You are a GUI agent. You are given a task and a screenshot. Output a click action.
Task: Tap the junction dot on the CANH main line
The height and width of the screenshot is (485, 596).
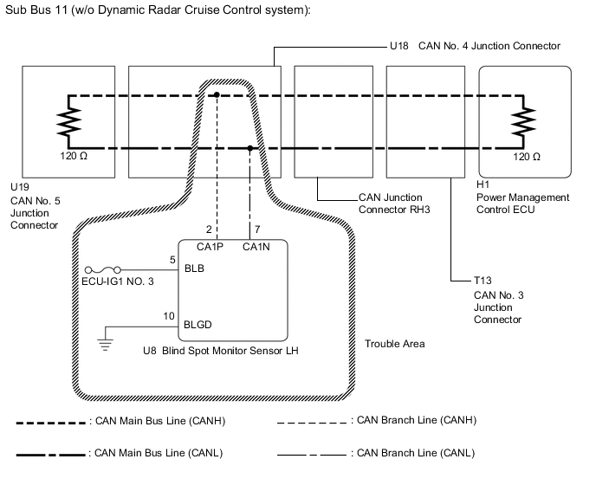coord(217,94)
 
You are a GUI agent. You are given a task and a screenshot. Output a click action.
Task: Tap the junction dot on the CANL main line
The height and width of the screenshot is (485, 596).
coord(250,148)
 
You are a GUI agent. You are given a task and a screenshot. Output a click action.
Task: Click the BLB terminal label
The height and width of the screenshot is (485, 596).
coord(195,268)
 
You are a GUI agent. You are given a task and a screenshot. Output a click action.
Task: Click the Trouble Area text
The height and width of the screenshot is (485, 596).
coord(394,344)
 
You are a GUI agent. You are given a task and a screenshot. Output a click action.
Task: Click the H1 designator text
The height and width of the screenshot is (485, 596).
coord(483,185)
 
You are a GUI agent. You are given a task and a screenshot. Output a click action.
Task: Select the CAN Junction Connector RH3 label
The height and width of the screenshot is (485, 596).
coord(394,203)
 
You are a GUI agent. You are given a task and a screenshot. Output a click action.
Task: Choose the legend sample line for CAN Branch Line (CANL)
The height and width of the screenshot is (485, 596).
coord(312,453)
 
